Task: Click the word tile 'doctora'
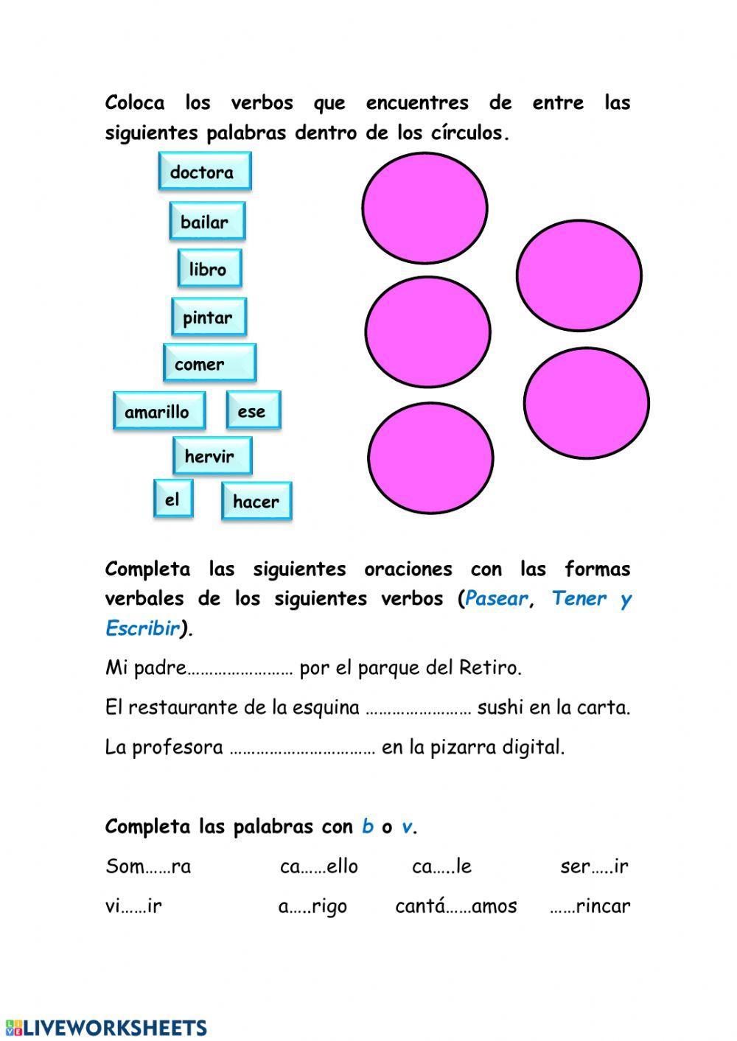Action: coord(204,172)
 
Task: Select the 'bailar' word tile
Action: coord(206,221)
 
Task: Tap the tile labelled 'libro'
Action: coord(209,269)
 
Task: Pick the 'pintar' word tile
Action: coord(209,318)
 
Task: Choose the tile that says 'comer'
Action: coord(209,364)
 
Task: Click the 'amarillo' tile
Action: coord(158,411)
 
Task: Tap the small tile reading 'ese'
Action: coord(253,411)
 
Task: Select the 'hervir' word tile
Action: coord(212,456)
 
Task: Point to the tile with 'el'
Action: coord(173,500)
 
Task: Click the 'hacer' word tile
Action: coord(256,502)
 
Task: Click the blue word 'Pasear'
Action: coord(496,598)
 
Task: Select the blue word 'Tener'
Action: coord(579,598)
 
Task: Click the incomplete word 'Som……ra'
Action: coord(148,866)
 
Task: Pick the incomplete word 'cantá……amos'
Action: coord(456,906)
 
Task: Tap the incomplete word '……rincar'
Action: coord(590,906)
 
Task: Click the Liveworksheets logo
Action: coord(105,1027)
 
